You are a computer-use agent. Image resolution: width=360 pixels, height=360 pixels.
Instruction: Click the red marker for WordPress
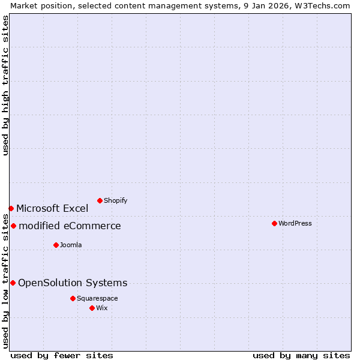[274, 223]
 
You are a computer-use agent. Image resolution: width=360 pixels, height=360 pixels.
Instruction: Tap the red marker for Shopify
[100, 200]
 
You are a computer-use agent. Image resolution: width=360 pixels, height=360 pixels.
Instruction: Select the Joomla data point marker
[56, 245]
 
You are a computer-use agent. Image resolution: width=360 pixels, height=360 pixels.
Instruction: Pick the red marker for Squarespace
[73, 298]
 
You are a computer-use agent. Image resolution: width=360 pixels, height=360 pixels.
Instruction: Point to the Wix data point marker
[92, 308]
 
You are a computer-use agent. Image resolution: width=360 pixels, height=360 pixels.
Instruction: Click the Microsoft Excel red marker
[11, 208]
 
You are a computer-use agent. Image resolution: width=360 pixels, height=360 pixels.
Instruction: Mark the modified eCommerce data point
[13, 226]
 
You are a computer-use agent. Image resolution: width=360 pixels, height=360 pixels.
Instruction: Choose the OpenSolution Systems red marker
[13, 283]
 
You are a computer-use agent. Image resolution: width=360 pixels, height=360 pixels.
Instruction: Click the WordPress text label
[295, 223]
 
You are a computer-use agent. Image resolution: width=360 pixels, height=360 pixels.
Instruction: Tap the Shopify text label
[115, 200]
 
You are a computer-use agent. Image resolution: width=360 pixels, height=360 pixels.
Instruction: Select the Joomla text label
[71, 245]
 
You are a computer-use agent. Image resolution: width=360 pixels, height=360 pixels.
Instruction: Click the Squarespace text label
[97, 298]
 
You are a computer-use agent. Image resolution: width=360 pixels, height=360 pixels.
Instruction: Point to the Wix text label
[102, 308]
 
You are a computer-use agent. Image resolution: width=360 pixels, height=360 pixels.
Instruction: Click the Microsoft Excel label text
[52, 208]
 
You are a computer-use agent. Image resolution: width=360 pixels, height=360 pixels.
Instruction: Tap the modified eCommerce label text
[70, 226]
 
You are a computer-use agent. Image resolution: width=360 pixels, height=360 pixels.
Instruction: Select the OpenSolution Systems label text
[73, 283]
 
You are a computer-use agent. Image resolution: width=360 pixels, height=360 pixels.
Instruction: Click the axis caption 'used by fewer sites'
[62, 355]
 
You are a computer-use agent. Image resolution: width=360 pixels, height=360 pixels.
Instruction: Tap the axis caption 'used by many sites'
[301, 355]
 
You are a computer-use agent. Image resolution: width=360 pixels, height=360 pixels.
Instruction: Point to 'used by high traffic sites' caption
[5, 85]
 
